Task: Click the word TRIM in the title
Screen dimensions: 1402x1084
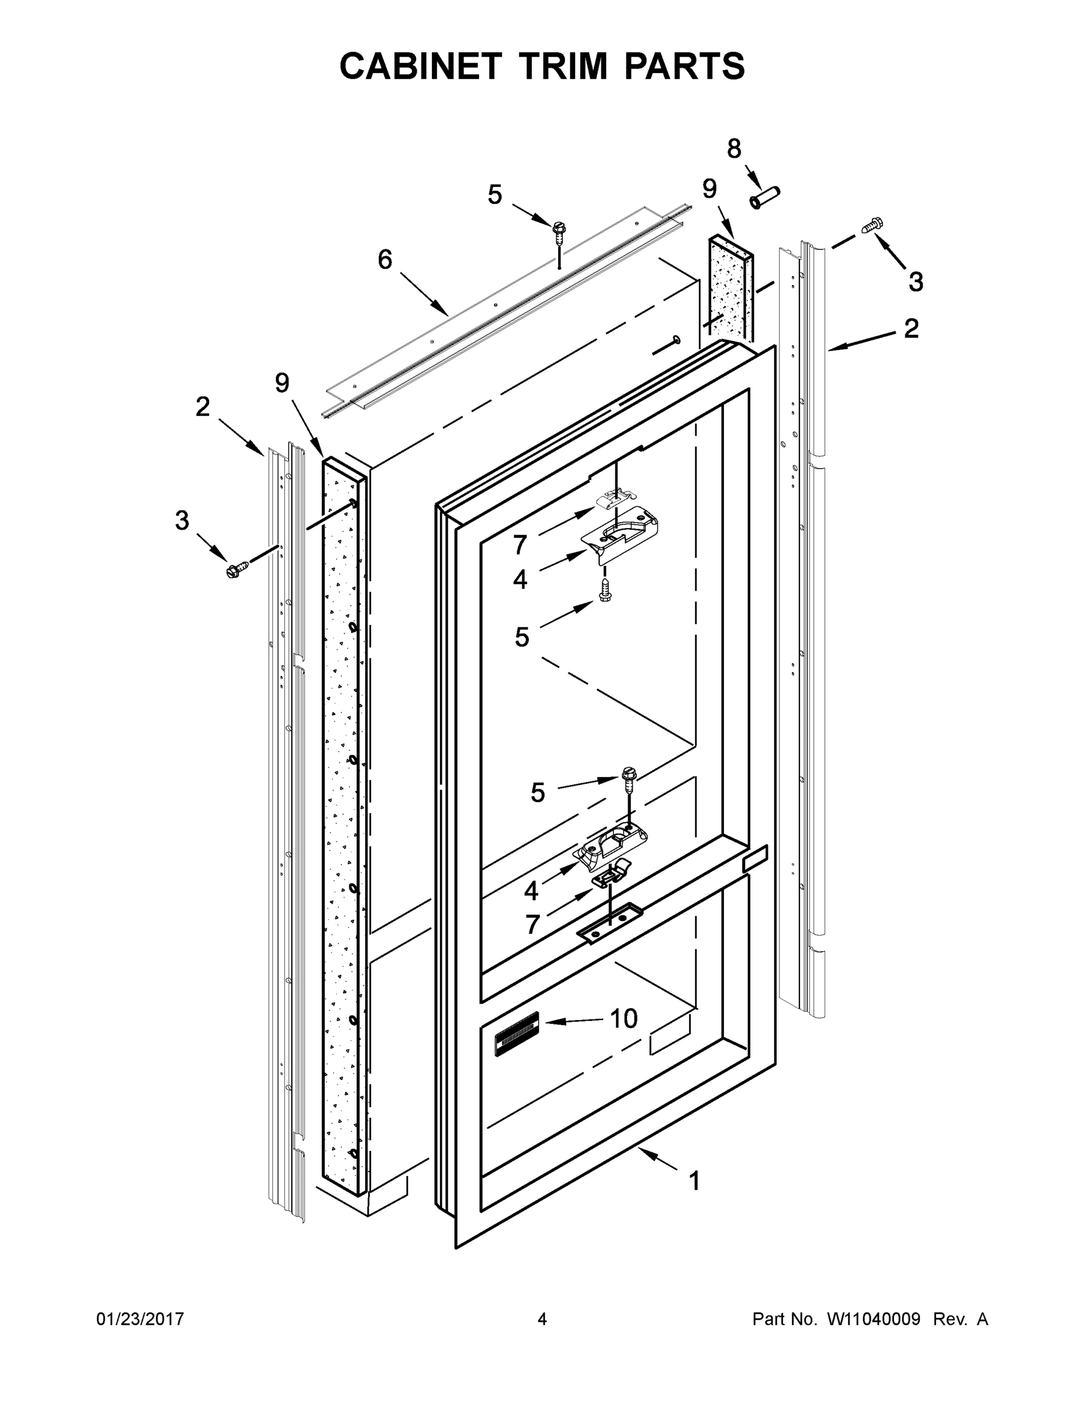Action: [x=564, y=66]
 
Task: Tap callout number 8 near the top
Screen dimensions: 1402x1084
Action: [x=733, y=149]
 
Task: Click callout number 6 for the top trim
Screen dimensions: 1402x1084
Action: [x=385, y=260]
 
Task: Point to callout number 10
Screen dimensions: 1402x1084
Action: [x=624, y=1018]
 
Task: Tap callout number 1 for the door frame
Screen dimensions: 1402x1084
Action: [x=694, y=1181]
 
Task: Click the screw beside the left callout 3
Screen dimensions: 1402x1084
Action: [x=237, y=568]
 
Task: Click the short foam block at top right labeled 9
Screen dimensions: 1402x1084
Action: [x=730, y=286]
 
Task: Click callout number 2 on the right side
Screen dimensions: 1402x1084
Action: [x=910, y=329]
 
